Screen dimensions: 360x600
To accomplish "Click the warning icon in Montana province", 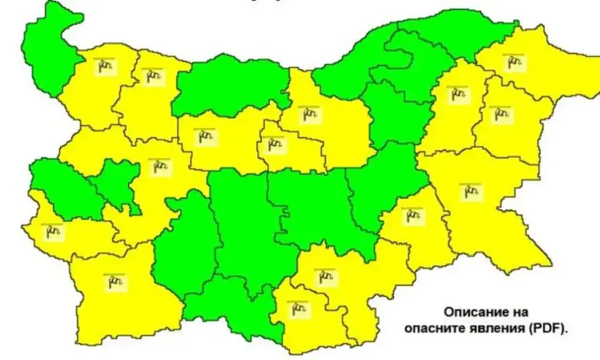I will pos(104,66).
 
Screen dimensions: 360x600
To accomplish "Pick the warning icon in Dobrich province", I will pos(513,62).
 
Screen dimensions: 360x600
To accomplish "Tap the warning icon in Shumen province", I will pos(457,94).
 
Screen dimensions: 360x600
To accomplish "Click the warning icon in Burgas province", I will pos(470,190).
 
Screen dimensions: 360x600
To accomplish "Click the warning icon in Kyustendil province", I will pos(52,231).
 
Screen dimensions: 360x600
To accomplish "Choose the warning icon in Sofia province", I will pos(160,166).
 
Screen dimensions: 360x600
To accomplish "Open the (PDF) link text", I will pos(549,329).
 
